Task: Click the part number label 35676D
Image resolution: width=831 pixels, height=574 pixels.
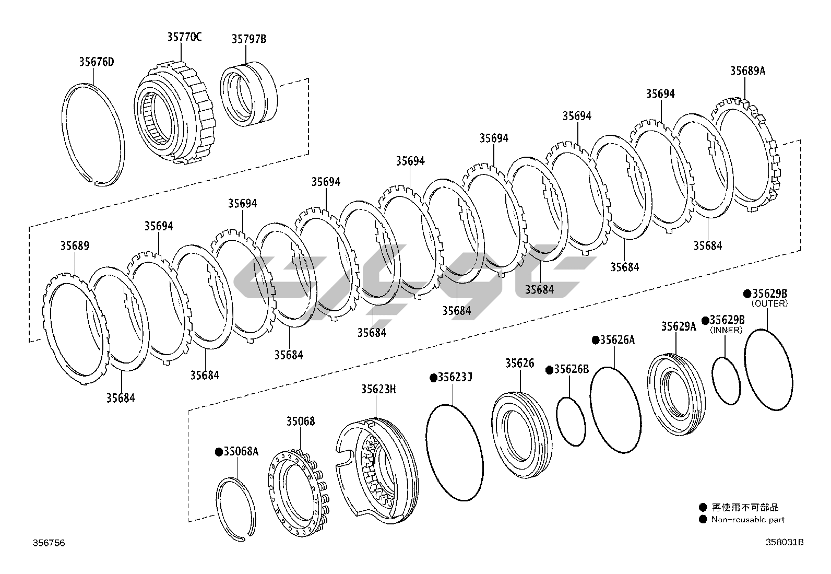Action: point(97,62)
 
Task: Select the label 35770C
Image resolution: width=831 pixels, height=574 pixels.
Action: point(184,37)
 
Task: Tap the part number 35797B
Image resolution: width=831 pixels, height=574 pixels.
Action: point(249,39)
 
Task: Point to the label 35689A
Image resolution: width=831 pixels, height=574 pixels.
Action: point(747,71)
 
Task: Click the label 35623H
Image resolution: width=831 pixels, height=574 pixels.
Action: point(378,389)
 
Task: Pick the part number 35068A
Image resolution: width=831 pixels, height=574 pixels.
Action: point(241,451)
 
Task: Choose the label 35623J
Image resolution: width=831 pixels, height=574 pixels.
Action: point(455,377)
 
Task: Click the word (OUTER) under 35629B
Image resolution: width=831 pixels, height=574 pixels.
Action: point(770,303)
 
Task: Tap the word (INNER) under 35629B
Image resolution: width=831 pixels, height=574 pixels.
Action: point(727,330)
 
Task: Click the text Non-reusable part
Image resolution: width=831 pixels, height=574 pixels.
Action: point(748,520)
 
